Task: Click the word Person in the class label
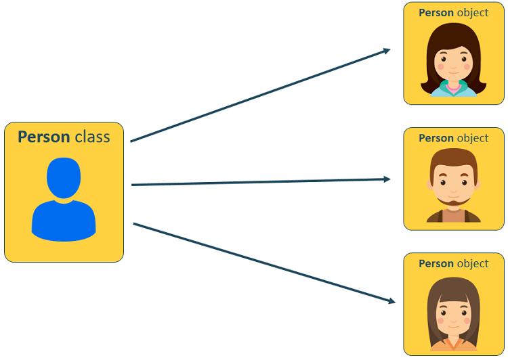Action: click(x=44, y=137)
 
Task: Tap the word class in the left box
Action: click(x=92, y=137)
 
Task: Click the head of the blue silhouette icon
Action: click(x=64, y=178)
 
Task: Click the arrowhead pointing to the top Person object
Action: click(x=387, y=50)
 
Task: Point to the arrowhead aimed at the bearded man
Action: click(x=387, y=179)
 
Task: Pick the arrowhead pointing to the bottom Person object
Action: click(x=391, y=301)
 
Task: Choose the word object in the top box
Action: click(x=472, y=13)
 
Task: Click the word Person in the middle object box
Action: click(x=436, y=138)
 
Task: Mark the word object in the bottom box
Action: click(x=472, y=263)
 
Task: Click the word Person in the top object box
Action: click(x=436, y=13)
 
